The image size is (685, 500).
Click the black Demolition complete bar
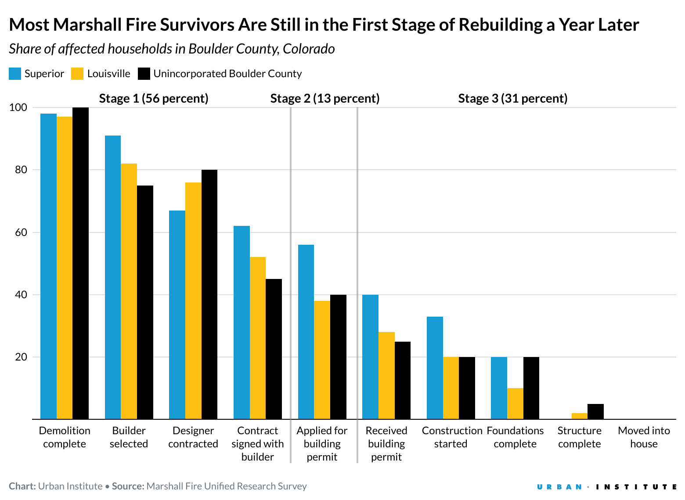tap(80, 263)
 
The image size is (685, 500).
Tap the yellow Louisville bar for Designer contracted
tap(193, 301)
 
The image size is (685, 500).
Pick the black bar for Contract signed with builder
tap(274, 349)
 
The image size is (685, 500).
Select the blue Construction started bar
tap(435, 368)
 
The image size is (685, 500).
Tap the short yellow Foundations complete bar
tap(515, 404)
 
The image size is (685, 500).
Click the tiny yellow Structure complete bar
tap(580, 416)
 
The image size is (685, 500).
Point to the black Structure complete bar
tap(595, 412)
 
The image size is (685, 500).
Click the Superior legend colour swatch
tap(15, 74)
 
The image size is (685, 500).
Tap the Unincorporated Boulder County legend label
tap(227, 74)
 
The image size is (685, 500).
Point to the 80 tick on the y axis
tap(21, 170)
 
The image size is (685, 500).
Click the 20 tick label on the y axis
tap(21, 357)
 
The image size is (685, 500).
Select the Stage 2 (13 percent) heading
tap(325, 98)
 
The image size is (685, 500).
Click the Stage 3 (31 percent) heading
tap(512, 98)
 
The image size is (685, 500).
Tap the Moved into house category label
tap(644, 437)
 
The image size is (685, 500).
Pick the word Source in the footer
tap(127, 486)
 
